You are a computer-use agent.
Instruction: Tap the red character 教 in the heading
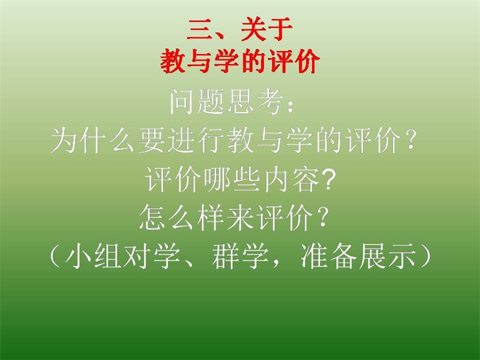click(x=173, y=61)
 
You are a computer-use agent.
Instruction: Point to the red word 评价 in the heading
click(x=294, y=61)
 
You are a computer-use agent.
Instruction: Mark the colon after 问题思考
click(x=290, y=105)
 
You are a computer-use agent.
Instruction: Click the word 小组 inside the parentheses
click(x=92, y=256)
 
